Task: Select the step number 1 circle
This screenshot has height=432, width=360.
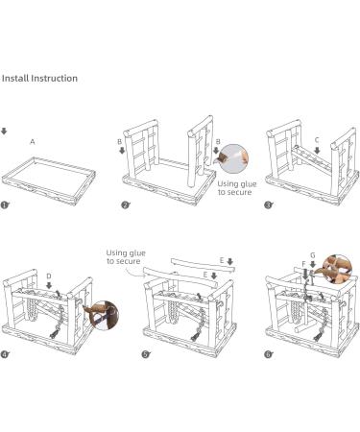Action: (x=6, y=205)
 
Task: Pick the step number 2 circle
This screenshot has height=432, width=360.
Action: (x=125, y=205)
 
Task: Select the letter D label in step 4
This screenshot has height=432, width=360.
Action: (x=48, y=276)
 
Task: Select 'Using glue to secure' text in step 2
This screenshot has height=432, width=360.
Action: (x=235, y=188)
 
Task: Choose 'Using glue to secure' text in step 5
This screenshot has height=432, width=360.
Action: (x=124, y=256)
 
